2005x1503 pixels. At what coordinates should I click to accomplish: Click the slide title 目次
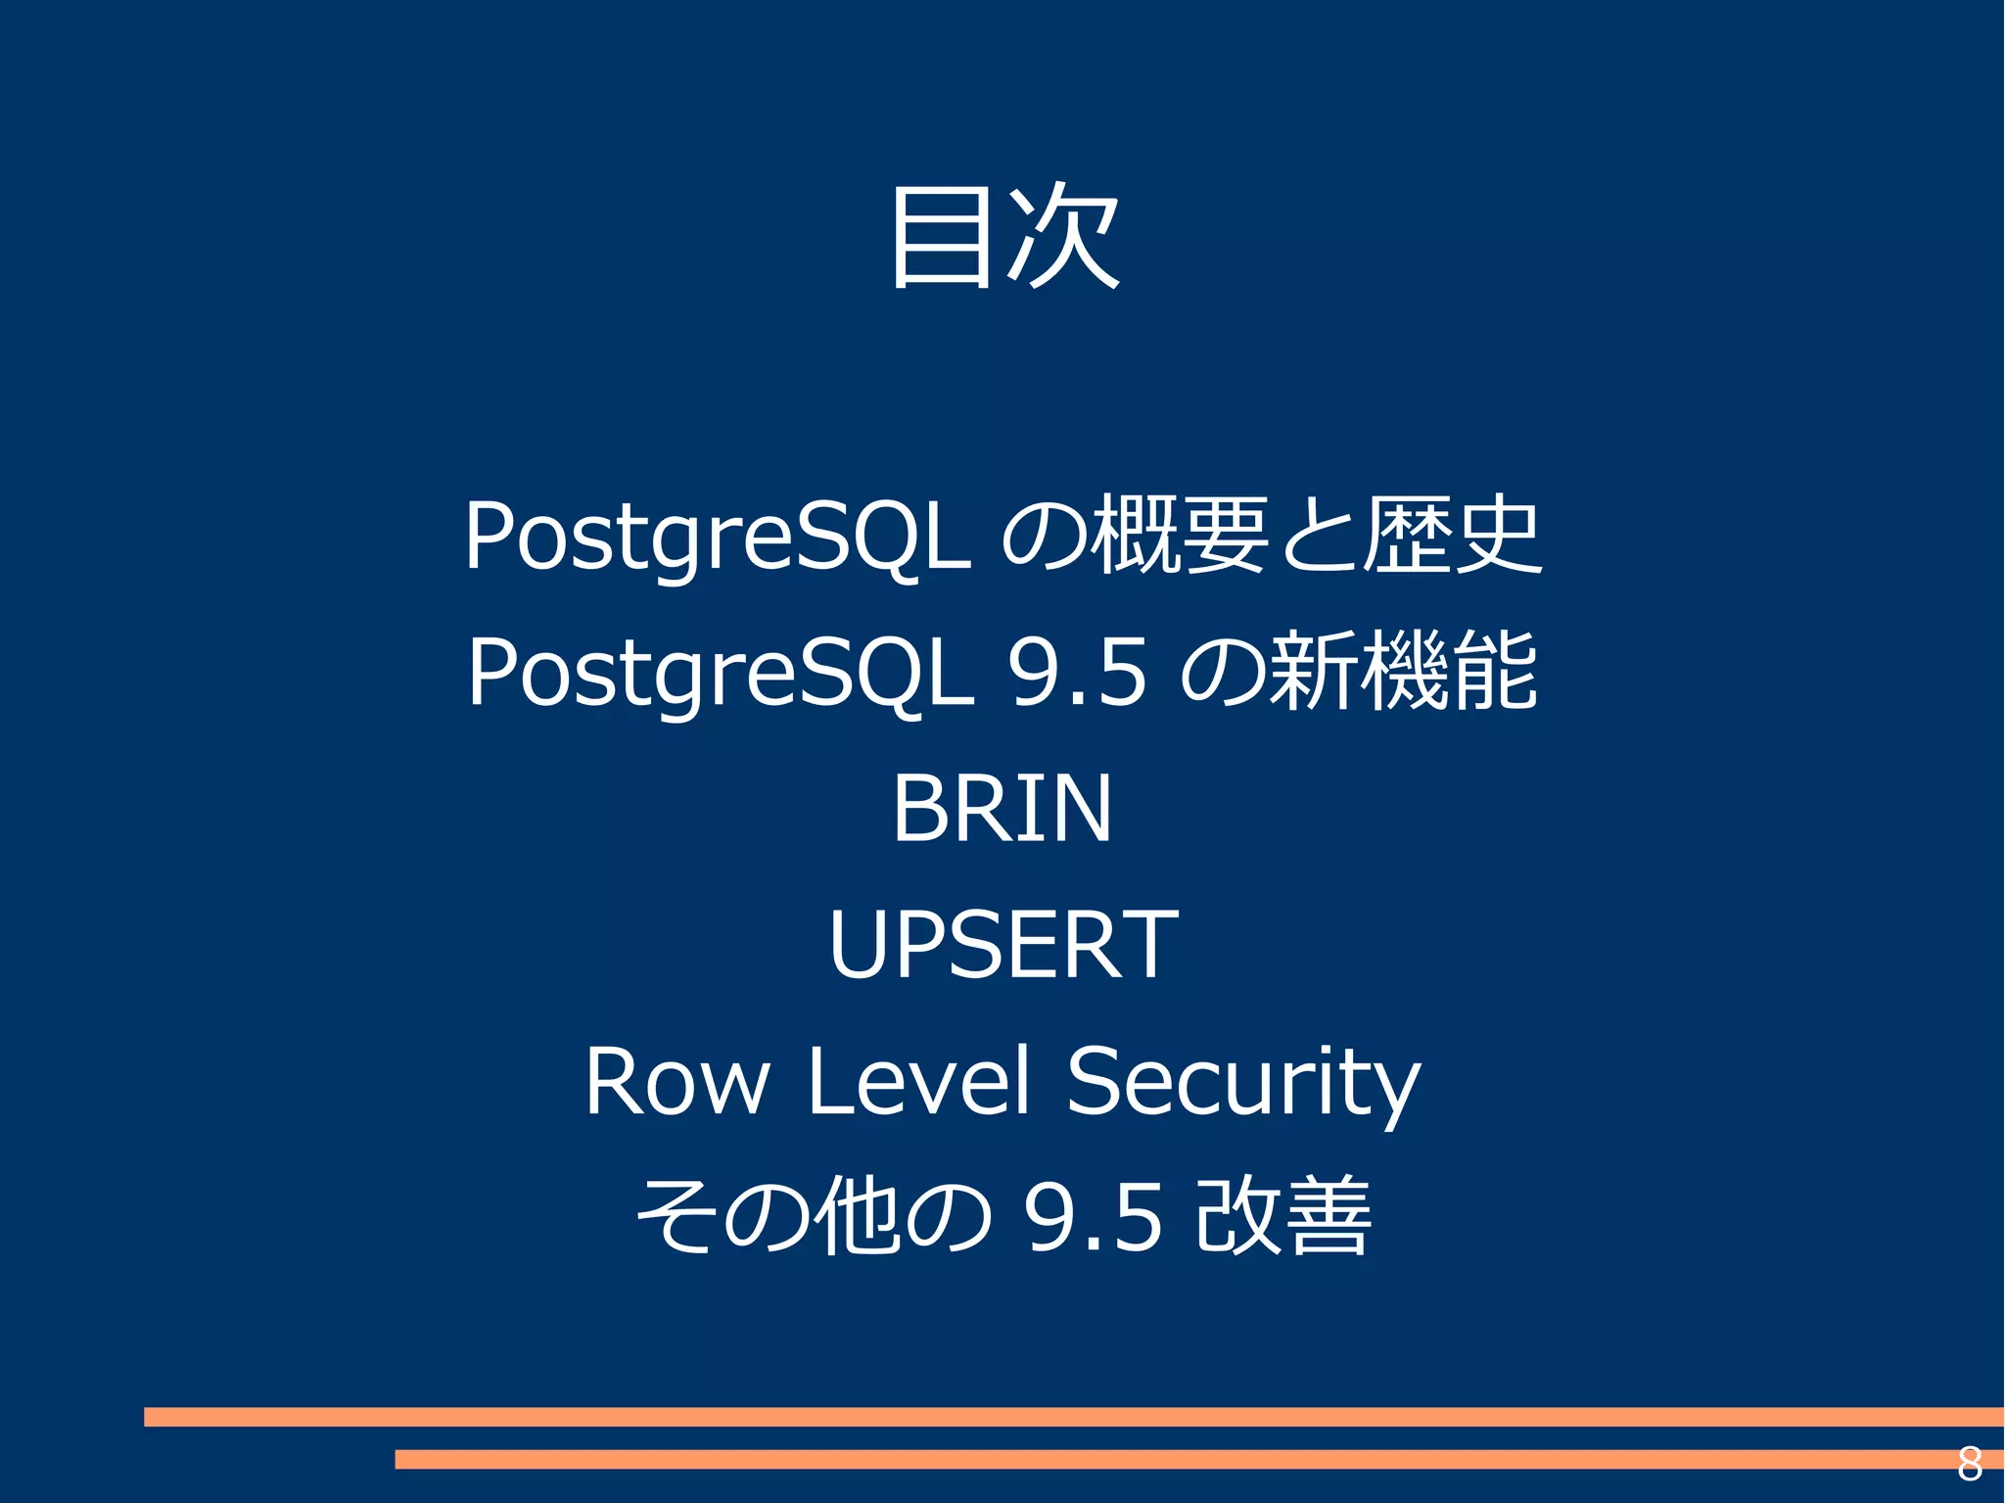[x=1002, y=238]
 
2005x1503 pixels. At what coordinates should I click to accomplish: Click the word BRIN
[x=1002, y=808]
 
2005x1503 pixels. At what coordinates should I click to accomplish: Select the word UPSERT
[x=1002, y=944]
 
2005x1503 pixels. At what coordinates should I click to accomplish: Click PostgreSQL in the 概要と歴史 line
[x=718, y=537]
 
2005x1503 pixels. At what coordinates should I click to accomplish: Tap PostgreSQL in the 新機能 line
[x=721, y=673]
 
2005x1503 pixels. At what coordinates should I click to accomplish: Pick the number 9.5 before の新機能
[x=1077, y=673]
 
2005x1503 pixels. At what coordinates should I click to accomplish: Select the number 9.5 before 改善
[x=1093, y=1217]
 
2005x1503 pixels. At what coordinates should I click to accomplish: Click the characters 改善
[x=1282, y=1216]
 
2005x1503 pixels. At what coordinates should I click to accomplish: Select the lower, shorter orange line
[x=1175, y=1459]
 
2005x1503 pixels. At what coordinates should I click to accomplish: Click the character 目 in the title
[x=941, y=238]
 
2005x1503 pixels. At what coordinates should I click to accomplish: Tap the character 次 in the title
[x=1063, y=238]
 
